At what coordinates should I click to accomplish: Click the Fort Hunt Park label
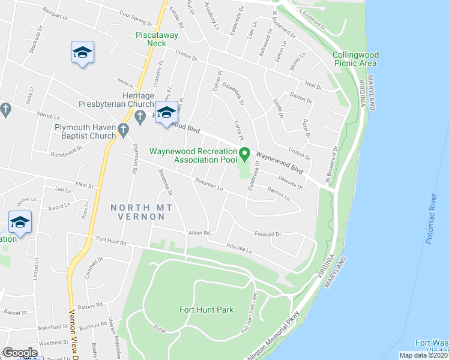pos(206,310)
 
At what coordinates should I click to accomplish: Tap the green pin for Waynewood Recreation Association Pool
pos(244,154)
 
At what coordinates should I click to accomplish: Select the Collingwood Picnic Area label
pos(355,58)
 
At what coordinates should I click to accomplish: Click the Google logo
pos(20,352)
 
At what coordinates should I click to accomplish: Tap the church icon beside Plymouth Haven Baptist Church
pos(124,130)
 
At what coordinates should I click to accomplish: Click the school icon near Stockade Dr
pos(82,52)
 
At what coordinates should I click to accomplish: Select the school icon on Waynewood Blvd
pos(166,112)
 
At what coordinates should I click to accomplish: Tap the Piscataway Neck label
pos(151,39)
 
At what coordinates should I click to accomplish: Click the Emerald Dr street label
pos(267,235)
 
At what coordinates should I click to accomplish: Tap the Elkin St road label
pos(83,186)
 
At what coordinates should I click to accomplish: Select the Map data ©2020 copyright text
pos(423,355)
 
